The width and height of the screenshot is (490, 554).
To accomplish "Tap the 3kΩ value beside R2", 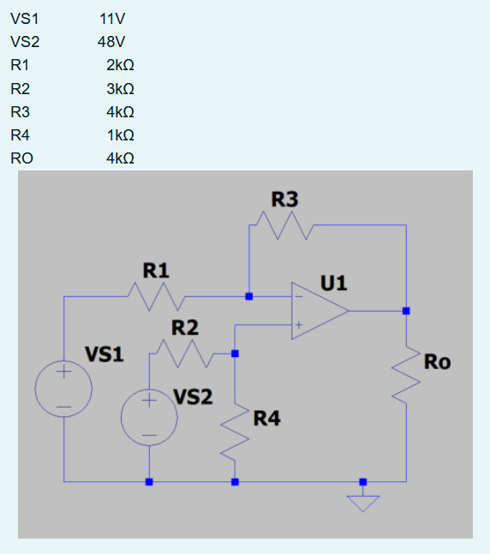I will click(120, 88).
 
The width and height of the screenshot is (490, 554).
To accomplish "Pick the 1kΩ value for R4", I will click(120, 135).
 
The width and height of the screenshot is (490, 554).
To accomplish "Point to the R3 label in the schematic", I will click(284, 200).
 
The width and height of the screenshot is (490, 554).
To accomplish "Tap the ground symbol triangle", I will click(363, 502).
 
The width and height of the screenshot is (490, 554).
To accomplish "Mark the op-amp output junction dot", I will click(406, 311).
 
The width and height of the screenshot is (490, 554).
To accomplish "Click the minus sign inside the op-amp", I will click(299, 297).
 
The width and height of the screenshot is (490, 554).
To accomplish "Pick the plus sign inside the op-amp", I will click(299, 325).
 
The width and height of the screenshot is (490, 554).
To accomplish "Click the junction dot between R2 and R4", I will click(235, 353).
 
